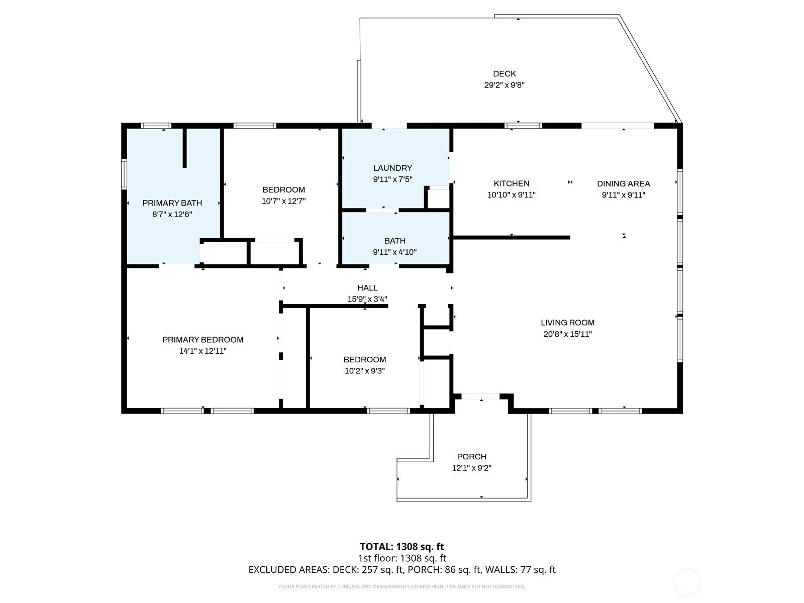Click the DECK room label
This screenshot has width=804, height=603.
(504, 73)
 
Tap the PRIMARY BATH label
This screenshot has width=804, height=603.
(172, 203)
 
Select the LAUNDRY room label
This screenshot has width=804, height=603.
(392, 168)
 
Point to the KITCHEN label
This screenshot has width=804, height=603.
(512, 183)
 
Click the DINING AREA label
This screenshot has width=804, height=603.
(624, 184)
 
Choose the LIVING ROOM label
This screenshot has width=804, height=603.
(567, 323)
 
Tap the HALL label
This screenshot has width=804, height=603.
(367, 288)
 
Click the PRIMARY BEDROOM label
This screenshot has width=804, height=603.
(203, 340)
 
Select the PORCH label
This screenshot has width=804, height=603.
(472, 457)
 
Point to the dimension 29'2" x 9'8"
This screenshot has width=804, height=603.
(505, 85)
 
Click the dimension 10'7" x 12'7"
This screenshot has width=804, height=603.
(283, 201)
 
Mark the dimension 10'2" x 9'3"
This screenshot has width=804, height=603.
(364, 371)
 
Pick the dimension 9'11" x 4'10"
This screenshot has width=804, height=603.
(395, 252)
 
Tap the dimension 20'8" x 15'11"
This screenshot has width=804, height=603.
(567, 334)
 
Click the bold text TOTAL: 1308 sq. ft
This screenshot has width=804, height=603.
(402, 547)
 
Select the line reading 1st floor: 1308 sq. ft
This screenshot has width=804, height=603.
(402, 558)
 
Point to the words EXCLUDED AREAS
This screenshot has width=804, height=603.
(288, 570)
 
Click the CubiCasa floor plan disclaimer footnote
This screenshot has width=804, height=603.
(402, 586)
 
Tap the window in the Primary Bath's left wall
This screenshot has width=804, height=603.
(124, 174)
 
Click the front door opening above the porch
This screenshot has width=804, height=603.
(480, 396)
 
